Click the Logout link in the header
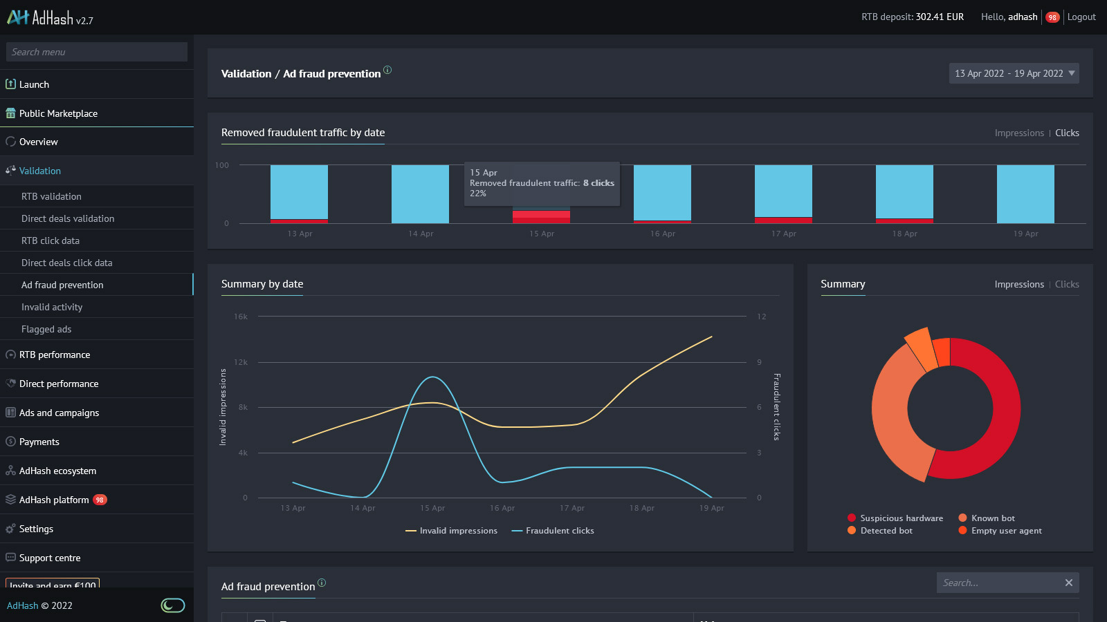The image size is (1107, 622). tap(1081, 17)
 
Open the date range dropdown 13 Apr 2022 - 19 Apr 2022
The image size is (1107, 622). tap(1014, 73)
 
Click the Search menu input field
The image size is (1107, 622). tap(97, 52)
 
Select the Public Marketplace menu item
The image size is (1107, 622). tap(58, 113)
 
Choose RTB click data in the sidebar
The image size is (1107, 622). tap(51, 241)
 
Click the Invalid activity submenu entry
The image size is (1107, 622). tap(52, 307)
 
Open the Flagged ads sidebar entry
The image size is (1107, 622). tap(46, 329)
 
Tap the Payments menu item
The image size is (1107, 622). tap(39, 442)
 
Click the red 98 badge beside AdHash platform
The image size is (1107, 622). tap(100, 500)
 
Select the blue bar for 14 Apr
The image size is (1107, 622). tap(420, 194)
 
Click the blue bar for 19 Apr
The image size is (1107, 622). tap(1025, 194)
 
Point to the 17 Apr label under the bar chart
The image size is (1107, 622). tap(783, 234)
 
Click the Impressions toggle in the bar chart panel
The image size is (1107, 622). tap(1018, 133)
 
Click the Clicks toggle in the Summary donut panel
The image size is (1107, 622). tap(1066, 284)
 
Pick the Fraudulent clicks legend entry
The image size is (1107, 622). tap(559, 531)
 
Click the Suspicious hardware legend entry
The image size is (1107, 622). tap(901, 518)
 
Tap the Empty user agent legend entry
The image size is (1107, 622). tap(1006, 531)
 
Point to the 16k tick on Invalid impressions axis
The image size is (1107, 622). tap(241, 317)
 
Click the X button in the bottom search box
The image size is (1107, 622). tap(1068, 583)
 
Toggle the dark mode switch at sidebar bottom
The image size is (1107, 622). tap(173, 605)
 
